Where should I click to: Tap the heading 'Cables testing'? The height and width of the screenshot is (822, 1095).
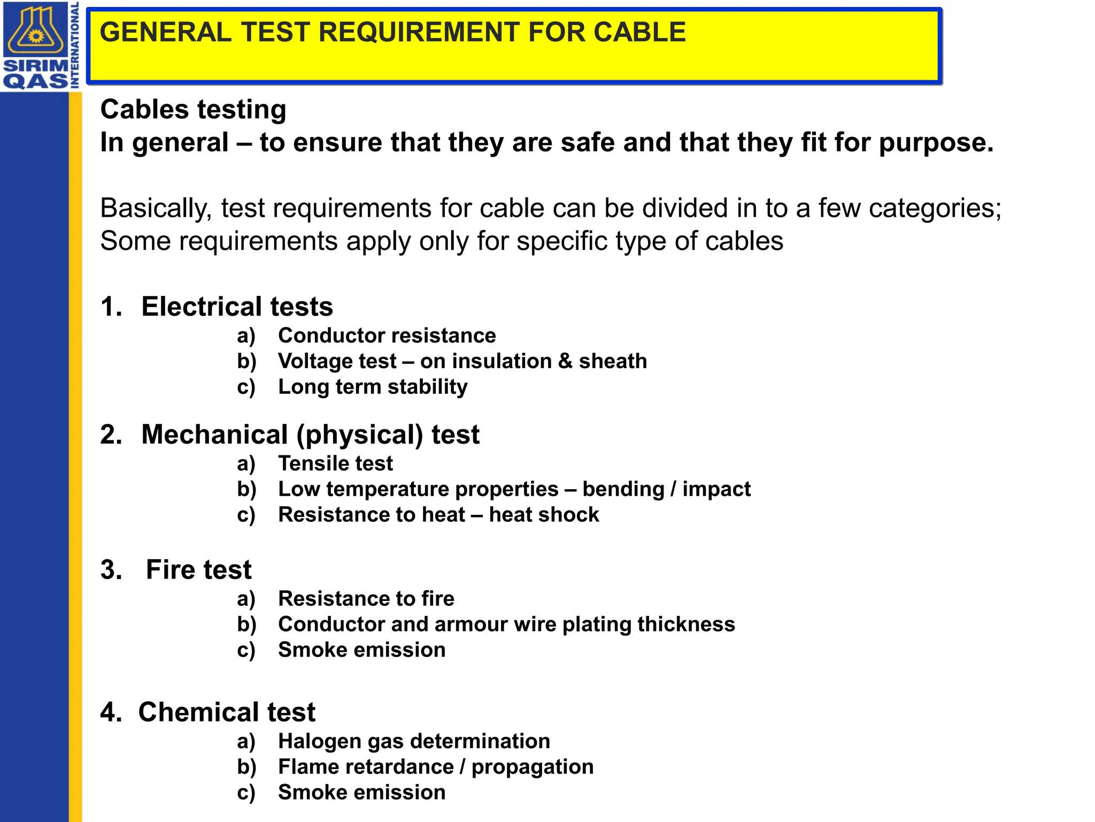193,110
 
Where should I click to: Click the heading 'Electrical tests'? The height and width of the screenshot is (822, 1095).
237,307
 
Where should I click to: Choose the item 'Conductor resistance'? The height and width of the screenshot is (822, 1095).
387,336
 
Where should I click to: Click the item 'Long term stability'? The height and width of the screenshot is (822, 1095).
373,387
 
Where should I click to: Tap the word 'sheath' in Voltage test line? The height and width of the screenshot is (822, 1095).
613,361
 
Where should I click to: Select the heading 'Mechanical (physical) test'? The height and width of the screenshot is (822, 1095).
310,435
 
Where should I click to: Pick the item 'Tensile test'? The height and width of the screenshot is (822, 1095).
335,463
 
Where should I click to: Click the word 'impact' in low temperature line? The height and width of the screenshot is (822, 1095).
716,489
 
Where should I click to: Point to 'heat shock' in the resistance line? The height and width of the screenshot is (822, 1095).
544,515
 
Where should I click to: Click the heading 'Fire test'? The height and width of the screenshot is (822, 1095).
198,569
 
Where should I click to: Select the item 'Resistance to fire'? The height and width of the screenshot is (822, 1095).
366,599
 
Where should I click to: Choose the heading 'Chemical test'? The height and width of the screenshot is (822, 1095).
227,712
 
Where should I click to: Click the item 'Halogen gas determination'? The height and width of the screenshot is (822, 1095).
414,742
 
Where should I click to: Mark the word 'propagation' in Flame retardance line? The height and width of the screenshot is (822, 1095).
533,767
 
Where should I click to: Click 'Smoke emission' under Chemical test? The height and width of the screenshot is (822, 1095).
361,793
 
